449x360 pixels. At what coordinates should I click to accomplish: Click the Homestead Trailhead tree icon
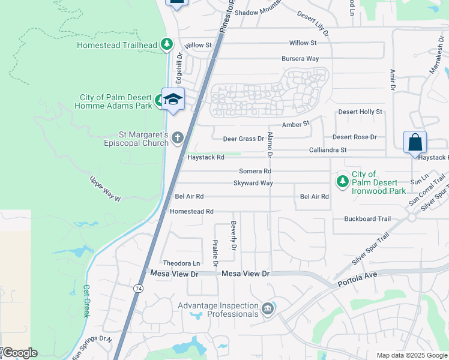click(x=167, y=45)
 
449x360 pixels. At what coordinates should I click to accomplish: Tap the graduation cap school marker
click(x=173, y=100)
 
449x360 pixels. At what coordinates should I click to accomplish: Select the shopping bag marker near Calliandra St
click(x=415, y=143)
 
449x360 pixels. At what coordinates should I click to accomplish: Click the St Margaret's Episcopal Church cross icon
click(x=177, y=138)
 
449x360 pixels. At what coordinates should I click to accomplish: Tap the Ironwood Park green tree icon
click(x=342, y=180)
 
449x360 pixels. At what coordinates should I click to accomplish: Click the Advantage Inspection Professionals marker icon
click(x=268, y=310)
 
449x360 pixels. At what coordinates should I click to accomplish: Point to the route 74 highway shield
click(x=139, y=289)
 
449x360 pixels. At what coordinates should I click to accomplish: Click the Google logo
click(x=19, y=353)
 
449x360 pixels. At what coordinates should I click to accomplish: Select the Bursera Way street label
click(x=300, y=59)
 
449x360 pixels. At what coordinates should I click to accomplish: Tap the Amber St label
click(x=295, y=124)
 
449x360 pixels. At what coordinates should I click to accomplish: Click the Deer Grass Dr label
click(x=244, y=139)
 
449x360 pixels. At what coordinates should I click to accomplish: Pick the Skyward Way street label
click(x=253, y=183)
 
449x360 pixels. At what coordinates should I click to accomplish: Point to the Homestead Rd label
click(x=191, y=212)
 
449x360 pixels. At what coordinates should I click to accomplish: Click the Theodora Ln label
click(x=181, y=263)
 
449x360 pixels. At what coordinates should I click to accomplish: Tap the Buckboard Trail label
click(x=368, y=219)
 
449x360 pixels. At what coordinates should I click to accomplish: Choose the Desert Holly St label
click(x=360, y=112)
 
